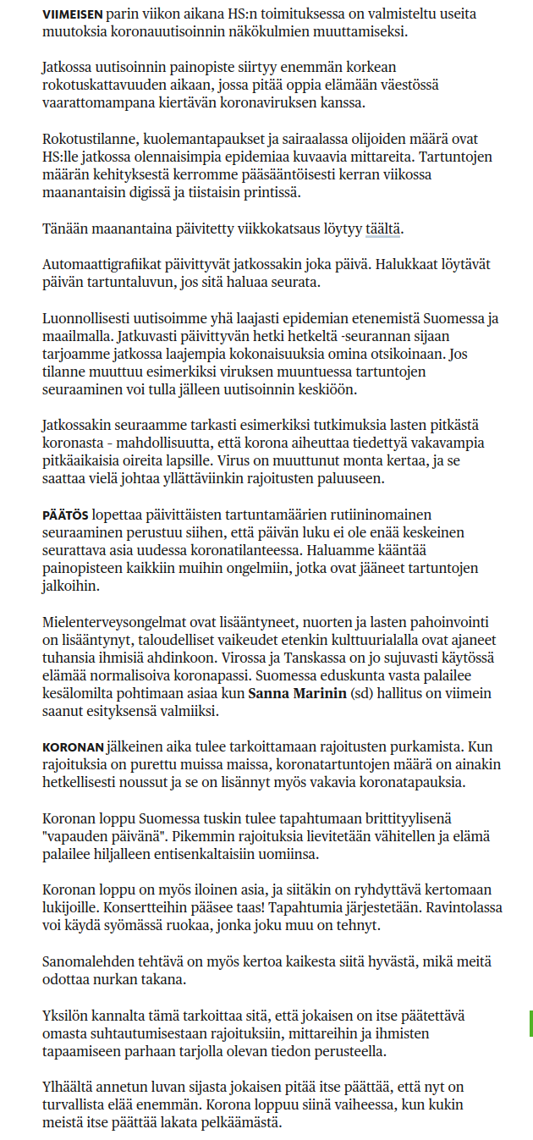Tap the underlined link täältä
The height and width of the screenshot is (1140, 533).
[x=383, y=229]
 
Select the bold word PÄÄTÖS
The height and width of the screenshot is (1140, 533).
[x=65, y=515]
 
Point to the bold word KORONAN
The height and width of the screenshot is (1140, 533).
[x=74, y=747]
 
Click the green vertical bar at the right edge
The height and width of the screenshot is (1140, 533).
[x=530, y=1022]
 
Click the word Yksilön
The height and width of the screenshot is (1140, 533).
[x=65, y=1015]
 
